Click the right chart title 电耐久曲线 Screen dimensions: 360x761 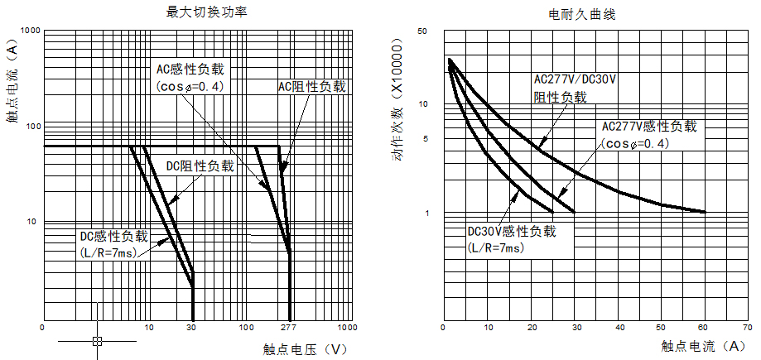coord(581,15)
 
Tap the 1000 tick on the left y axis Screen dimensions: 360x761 coord(30,31)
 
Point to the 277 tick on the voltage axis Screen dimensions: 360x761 coord(289,329)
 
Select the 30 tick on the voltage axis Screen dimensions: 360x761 coord(192,329)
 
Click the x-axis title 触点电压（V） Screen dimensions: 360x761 coord(305,348)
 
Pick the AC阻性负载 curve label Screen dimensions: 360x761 coord(311,86)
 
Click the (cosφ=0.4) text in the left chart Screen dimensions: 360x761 coord(190,86)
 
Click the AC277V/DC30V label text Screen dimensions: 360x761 coord(576,80)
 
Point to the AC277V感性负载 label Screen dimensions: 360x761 coord(649,127)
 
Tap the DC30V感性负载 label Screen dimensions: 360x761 coord(511,231)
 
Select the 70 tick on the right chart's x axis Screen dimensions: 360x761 coord(748,327)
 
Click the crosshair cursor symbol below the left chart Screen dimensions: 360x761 coord(98,340)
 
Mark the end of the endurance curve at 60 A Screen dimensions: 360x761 coord(705,212)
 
